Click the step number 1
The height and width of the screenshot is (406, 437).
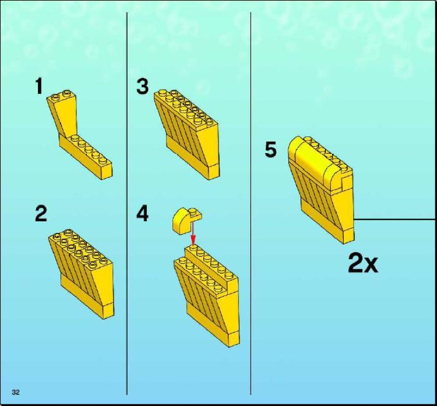(x=39, y=87)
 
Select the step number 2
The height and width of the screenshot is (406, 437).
(x=41, y=214)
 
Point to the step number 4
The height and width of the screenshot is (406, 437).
(x=143, y=214)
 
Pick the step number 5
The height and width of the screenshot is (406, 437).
(x=270, y=150)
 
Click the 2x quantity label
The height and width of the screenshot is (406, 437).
(x=362, y=264)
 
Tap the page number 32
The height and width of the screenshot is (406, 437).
(x=16, y=392)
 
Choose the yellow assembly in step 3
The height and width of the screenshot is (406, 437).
(x=186, y=128)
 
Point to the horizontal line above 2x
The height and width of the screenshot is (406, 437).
(x=395, y=220)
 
